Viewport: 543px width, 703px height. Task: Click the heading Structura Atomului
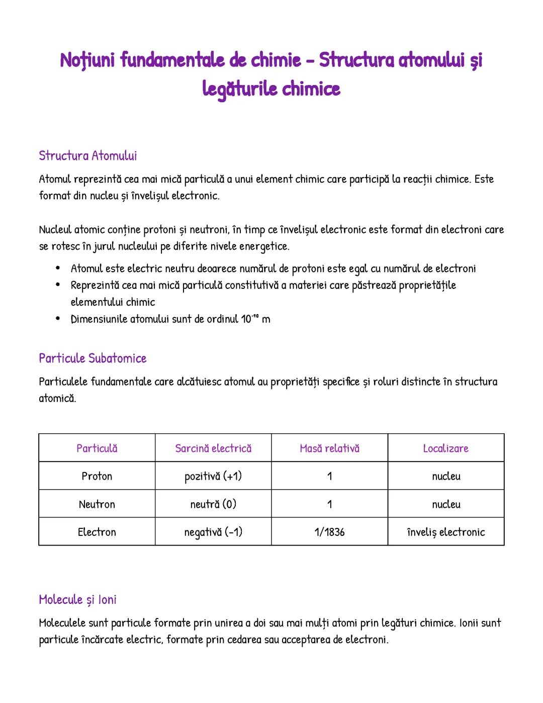[87, 155]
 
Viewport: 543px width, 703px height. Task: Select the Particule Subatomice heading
[93, 358]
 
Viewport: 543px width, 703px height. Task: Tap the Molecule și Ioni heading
[77, 599]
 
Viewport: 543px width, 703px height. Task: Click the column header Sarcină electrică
[213, 448]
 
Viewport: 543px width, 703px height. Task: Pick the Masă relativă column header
[329, 448]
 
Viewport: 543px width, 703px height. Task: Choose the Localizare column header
[445, 448]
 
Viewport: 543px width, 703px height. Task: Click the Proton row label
[97, 476]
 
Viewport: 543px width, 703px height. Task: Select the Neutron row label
[97, 504]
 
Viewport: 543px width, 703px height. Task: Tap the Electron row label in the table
[97, 532]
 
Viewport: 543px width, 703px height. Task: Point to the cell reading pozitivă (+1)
[213, 476]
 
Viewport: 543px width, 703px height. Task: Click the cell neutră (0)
[213, 504]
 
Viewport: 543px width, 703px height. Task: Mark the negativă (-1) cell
[213, 532]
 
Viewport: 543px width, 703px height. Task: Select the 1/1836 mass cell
[329, 532]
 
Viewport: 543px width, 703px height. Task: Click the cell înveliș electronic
[445, 532]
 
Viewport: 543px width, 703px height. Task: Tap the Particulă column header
[97, 448]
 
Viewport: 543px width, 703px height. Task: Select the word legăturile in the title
[240, 89]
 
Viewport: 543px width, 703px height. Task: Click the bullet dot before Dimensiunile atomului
[58, 319]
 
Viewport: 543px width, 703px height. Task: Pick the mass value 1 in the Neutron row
[329, 504]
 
